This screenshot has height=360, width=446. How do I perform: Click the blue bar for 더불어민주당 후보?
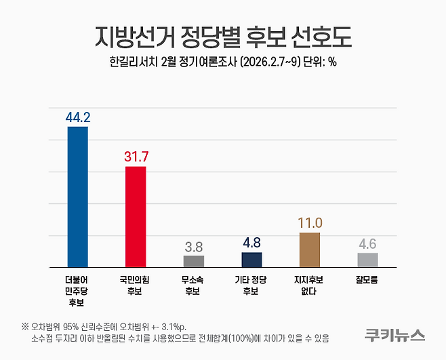click(x=78, y=197)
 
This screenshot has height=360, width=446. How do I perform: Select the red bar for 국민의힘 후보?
click(x=136, y=216)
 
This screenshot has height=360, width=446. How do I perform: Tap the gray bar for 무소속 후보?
click(x=194, y=261)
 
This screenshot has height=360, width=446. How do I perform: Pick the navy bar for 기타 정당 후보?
click(x=251, y=260)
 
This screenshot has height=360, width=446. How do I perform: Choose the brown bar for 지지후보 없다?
click(x=309, y=249)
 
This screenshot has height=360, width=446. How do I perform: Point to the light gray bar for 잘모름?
click(x=367, y=260)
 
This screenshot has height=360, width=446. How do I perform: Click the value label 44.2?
click(x=78, y=117)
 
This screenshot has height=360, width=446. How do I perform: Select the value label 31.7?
click(x=136, y=157)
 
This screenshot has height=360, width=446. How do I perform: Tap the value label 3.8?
click(x=194, y=246)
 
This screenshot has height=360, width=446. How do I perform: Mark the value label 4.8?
click(x=251, y=243)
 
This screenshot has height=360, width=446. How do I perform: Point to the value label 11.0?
click(x=309, y=223)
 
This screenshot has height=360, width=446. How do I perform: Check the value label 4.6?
click(x=367, y=243)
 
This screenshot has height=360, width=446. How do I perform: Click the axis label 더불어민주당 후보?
click(x=78, y=285)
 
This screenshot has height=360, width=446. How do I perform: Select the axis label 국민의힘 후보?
click(x=136, y=285)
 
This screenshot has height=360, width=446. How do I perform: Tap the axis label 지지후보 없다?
click(x=309, y=285)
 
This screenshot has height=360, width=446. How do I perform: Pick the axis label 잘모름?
click(x=367, y=278)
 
